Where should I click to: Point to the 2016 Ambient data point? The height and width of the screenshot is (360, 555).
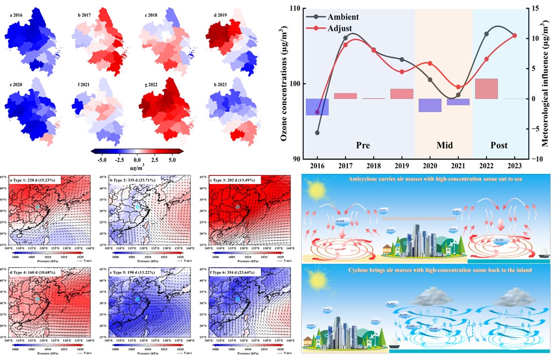317,132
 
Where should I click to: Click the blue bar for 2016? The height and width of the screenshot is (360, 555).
317,107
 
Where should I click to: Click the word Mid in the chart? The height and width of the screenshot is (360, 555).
444,146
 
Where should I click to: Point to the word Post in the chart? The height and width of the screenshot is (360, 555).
499,146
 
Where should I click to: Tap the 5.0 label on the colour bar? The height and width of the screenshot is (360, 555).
172,159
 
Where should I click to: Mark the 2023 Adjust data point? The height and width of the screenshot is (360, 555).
515,35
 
